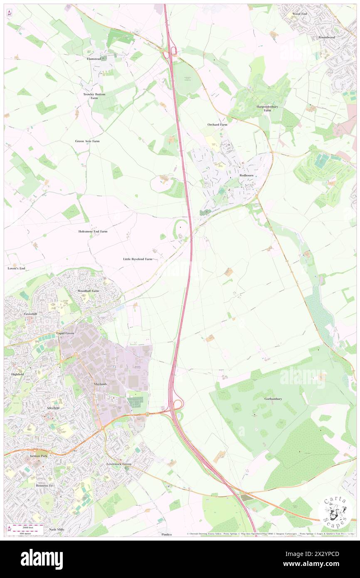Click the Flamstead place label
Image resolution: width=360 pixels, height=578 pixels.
94,59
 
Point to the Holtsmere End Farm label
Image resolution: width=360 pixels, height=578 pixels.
93,231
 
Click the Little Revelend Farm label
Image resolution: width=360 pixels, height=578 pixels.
138,259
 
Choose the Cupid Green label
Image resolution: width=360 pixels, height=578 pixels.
65,333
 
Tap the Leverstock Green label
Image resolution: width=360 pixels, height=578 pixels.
119,464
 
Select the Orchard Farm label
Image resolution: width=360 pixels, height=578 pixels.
217,125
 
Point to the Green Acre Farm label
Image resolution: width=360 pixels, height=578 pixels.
87,141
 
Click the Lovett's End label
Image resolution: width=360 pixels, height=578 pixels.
17,269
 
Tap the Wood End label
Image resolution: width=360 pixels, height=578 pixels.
299,14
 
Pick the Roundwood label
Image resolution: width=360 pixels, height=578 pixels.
327,37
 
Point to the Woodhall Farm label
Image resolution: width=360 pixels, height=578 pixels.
89,291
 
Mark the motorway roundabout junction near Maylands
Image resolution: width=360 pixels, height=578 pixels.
178,404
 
